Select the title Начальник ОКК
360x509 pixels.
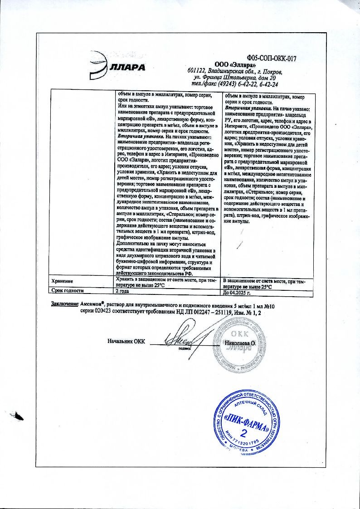(x=126, y=341)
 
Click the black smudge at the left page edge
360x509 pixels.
(x=19, y=414)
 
